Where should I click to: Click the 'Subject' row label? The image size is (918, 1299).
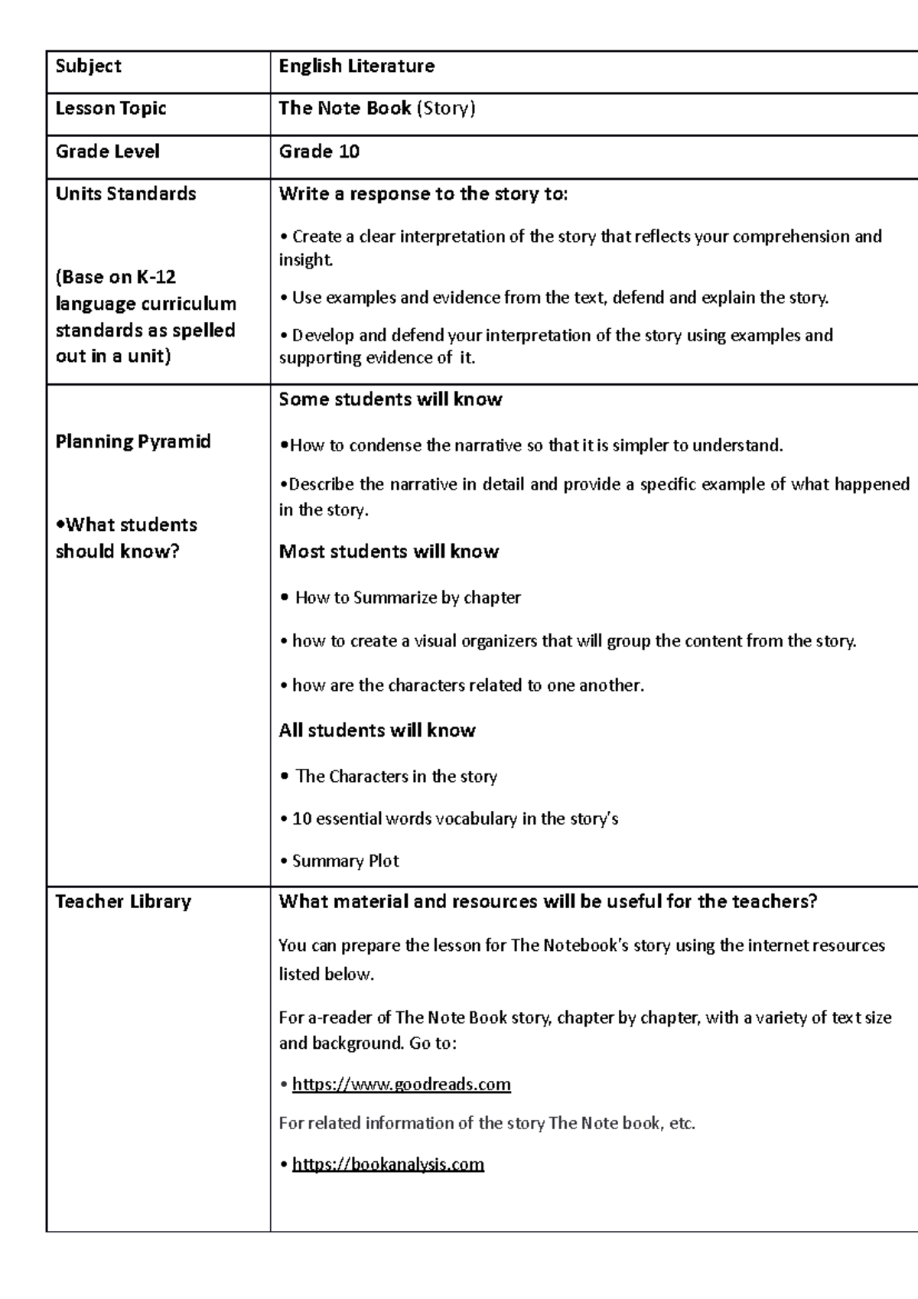tap(88, 67)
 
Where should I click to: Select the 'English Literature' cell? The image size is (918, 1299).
tap(356, 67)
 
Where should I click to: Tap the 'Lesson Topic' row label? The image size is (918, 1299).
tap(111, 109)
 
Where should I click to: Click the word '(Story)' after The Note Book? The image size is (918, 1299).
tap(445, 109)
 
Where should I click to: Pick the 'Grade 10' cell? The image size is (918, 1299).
tap(319, 151)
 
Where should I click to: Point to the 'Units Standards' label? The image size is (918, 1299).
tap(125, 194)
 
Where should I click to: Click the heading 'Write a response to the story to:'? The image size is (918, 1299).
tap(423, 194)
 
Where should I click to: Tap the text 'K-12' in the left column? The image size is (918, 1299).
tap(156, 277)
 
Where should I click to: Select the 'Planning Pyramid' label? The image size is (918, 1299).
tap(133, 441)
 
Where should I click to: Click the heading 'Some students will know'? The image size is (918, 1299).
tap(390, 399)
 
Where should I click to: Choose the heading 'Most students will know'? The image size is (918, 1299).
tap(389, 552)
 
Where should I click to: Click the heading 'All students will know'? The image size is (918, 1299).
tap(377, 731)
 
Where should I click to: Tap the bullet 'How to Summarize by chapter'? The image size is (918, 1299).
tap(407, 597)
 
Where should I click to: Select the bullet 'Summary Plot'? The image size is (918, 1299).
tap(345, 861)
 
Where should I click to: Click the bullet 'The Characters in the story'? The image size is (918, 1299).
tap(396, 776)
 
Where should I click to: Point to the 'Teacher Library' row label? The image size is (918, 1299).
tap(123, 902)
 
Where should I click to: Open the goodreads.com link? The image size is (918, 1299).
tap(401, 1085)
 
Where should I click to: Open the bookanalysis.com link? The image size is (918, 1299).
tap(388, 1164)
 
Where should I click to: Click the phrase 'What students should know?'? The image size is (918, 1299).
tap(126, 538)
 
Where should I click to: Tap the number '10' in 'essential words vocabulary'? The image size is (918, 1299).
tap(301, 819)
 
